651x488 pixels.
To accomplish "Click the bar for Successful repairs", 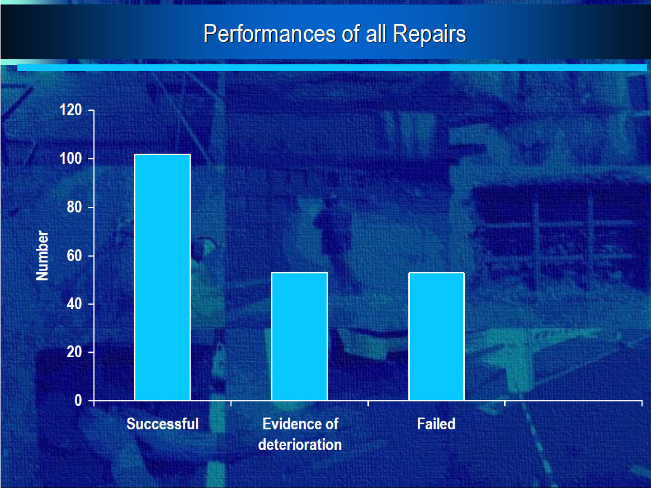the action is [x=162, y=277].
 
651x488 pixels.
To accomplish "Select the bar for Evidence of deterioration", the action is [x=299, y=337].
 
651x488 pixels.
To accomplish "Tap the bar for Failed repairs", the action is [x=436, y=337].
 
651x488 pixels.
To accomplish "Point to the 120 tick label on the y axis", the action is [x=70, y=110].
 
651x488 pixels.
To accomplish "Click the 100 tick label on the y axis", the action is [x=70, y=159].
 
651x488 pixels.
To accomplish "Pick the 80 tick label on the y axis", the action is [x=74, y=207].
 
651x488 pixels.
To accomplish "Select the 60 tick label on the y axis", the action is [x=74, y=255].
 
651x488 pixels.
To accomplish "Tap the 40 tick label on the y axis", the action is [x=74, y=304].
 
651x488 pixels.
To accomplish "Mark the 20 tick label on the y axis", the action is [x=74, y=352].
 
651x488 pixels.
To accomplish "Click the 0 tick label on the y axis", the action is [x=78, y=400].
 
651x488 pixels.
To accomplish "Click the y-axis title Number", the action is [x=43, y=255].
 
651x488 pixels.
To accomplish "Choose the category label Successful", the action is [x=162, y=424].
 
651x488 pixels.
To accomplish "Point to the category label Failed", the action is [x=436, y=424].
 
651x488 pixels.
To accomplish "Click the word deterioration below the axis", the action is [x=300, y=444].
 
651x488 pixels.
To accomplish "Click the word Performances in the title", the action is [x=270, y=34].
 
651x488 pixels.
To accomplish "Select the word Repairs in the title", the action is [x=430, y=34].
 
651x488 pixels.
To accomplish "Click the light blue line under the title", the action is [x=332, y=67].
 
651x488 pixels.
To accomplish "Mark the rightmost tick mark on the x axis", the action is [x=642, y=403].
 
